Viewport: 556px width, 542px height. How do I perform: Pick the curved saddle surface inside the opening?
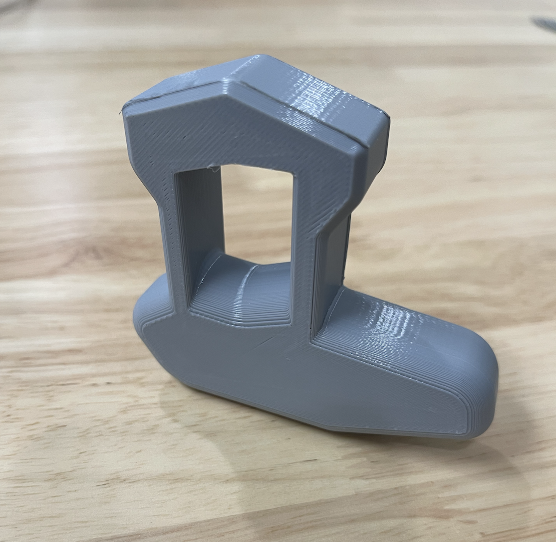tap(245, 289)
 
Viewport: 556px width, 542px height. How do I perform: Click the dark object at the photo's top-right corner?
tap(544, 22)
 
